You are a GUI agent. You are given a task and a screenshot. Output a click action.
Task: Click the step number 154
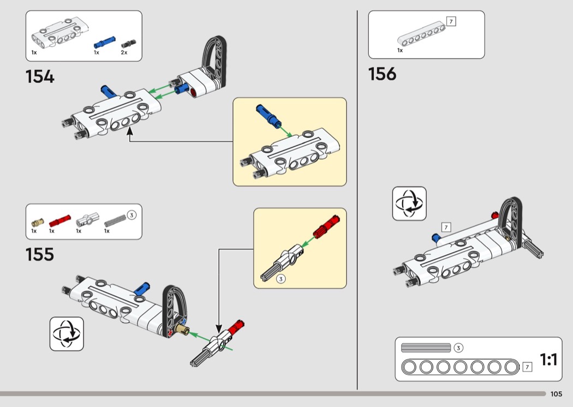40,76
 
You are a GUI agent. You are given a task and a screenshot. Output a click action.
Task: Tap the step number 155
40,254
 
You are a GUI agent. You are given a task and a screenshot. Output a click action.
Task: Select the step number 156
382,74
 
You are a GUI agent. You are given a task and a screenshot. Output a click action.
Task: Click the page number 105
556,394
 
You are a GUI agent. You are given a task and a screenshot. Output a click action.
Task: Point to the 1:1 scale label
548,360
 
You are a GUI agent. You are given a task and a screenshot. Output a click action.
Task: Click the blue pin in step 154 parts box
104,42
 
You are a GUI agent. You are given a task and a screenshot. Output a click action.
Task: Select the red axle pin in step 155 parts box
60,220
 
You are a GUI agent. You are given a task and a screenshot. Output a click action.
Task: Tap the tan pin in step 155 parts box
37,222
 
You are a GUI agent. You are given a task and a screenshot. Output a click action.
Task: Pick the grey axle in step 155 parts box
115,220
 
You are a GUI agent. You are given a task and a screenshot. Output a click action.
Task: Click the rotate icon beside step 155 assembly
67,333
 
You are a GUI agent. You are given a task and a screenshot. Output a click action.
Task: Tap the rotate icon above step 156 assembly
409,203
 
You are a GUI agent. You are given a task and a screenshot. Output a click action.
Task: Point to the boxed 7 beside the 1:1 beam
527,367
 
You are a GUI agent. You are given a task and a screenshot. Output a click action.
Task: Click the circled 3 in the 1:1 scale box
458,348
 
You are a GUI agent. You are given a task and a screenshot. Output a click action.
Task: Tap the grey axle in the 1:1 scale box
426,348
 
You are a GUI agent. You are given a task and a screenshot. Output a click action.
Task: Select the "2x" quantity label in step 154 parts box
124,52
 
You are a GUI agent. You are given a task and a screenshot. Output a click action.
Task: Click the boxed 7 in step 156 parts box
451,22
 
